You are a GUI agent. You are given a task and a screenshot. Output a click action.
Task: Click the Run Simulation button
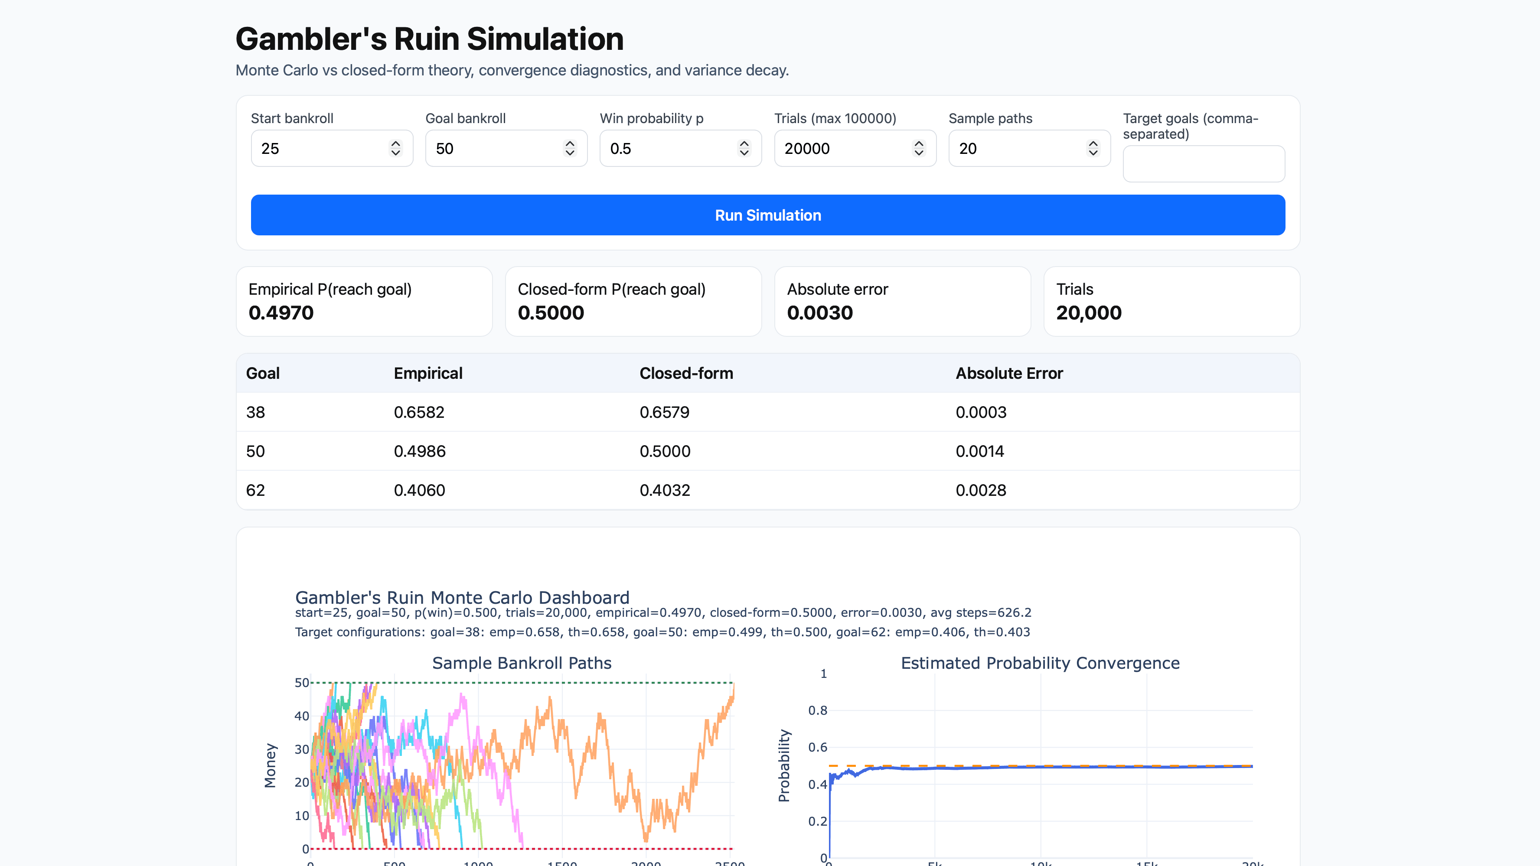pos(767,215)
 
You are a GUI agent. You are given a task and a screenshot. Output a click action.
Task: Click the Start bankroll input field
pos(320,148)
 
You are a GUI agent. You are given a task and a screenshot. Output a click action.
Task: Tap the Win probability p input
pos(669,148)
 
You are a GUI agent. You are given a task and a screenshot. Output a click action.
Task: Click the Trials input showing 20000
pos(844,148)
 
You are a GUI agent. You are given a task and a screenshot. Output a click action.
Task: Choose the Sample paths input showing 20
pos(1018,148)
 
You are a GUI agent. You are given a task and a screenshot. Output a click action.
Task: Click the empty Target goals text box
pos(1204,164)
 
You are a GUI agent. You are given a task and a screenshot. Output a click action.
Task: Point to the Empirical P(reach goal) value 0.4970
pos(281,313)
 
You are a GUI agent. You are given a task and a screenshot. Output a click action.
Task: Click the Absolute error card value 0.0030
pos(819,313)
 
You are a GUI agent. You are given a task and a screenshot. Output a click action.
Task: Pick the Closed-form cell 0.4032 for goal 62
pos(665,490)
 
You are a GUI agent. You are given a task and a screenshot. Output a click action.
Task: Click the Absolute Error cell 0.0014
pos(980,451)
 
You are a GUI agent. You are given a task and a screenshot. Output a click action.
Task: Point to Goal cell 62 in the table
pos(255,490)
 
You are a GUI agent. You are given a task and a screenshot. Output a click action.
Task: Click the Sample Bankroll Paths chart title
pos(521,663)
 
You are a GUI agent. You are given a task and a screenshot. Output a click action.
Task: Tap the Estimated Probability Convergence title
pos(1040,663)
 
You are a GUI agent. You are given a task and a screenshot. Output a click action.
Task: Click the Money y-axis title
pos(270,765)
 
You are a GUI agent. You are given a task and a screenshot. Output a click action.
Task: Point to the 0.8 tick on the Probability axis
pos(817,710)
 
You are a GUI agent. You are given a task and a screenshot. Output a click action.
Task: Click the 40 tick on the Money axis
pos(301,716)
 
